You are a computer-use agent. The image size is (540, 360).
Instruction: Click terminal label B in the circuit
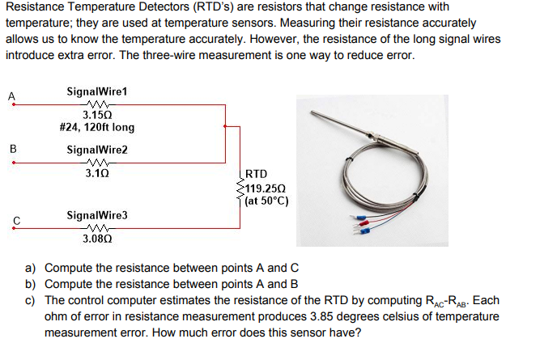(x=12, y=148)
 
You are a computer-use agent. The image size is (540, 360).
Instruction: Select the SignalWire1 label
(x=97, y=91)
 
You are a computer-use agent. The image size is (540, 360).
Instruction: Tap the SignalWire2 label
(x=97, y=150)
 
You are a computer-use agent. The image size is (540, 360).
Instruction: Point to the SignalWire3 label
(x=97, y=216)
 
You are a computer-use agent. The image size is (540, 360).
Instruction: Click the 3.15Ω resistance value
(x=97, y=114)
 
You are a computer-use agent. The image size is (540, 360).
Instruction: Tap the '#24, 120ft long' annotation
(x=97, y=127)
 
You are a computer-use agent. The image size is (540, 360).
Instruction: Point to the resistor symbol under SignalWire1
(x=96, y=103)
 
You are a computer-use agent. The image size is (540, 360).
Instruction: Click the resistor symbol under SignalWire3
(x=96, y=227)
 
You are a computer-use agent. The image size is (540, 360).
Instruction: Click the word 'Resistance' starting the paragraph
(x=35, y=8)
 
